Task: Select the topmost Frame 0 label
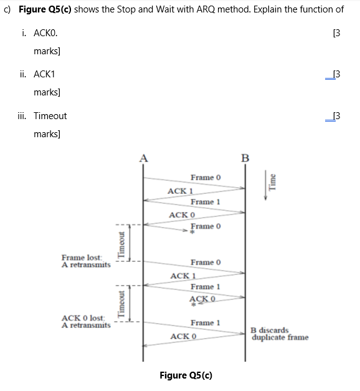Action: pyautogui.click(x=206, y=178)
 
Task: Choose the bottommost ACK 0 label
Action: pyautogui.click(x=183, y=336)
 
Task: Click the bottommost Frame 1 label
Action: pyautogui.click(x=206, y=322)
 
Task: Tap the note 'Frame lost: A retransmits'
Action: pyautogui.click(x=86, y=261)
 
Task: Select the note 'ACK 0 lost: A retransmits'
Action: pyautogui.click(x=86, y=322)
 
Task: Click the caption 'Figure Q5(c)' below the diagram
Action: pyautogui.click(x=186, y=375)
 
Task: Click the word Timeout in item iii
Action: pyautogui.click(x=50, y=115)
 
